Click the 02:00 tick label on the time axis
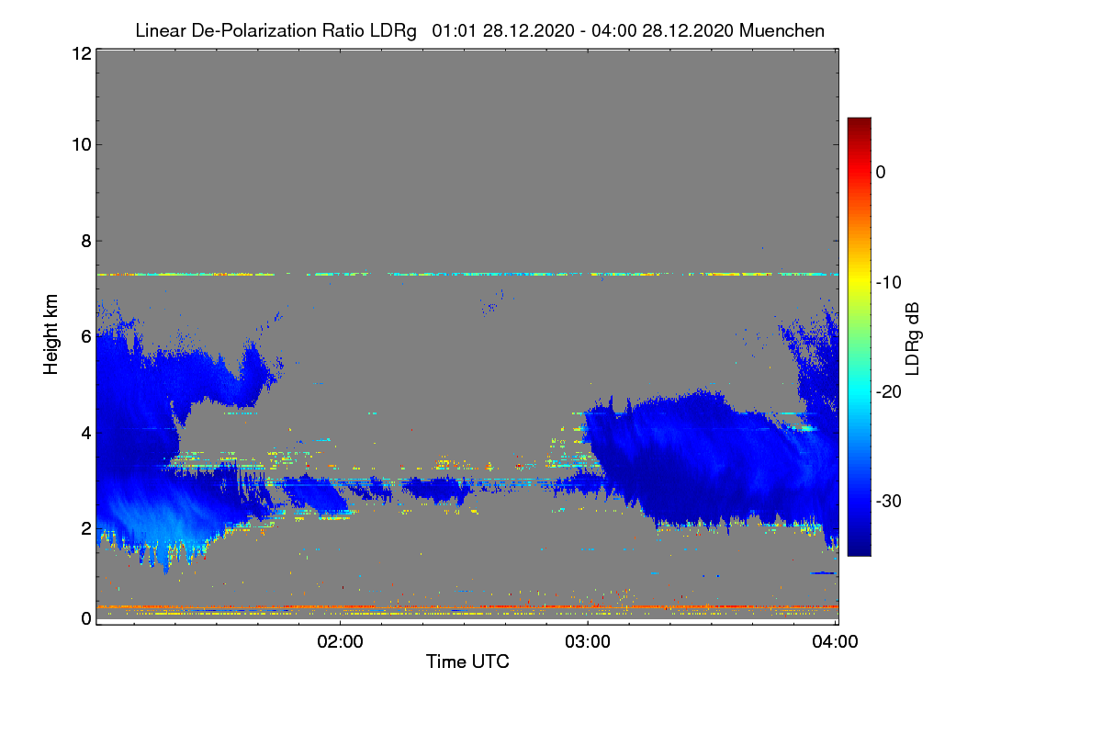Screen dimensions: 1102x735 340,641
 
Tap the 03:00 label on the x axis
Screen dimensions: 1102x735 588,641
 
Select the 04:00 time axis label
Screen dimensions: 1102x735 835,641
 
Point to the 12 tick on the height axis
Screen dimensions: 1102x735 82,53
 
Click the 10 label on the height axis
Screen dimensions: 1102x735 82,145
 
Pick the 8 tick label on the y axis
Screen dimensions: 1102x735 86,241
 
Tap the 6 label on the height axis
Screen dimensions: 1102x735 86,337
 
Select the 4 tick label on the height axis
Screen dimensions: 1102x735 86,434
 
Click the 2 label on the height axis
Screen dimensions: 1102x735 86,528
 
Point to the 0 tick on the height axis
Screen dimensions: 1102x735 86,618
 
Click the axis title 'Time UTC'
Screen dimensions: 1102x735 467,661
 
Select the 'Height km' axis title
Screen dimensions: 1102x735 51,334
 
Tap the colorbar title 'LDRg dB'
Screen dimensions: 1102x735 912,339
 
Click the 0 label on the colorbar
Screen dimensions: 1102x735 881,173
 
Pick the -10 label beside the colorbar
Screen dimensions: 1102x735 889,283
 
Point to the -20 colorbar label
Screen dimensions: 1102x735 889,392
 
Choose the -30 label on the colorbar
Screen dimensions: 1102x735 889,501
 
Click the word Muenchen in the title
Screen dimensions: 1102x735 782,30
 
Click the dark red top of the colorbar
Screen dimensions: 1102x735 859,122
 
